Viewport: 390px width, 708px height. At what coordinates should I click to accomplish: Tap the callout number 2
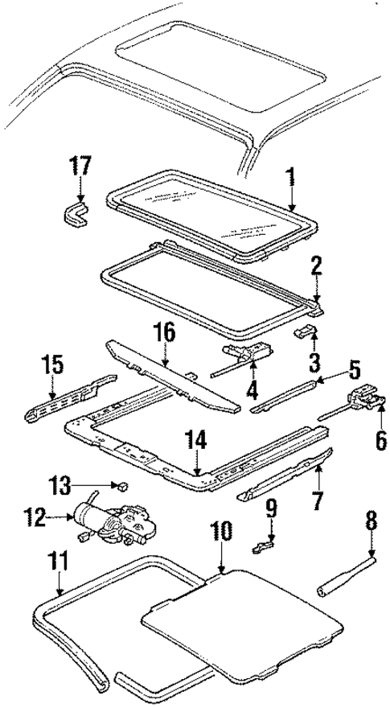tap(318, 265)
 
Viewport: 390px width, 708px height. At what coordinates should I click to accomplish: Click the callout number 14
tap(197, 440)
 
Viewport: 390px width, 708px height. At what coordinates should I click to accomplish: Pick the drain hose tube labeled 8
tap(346, 595)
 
